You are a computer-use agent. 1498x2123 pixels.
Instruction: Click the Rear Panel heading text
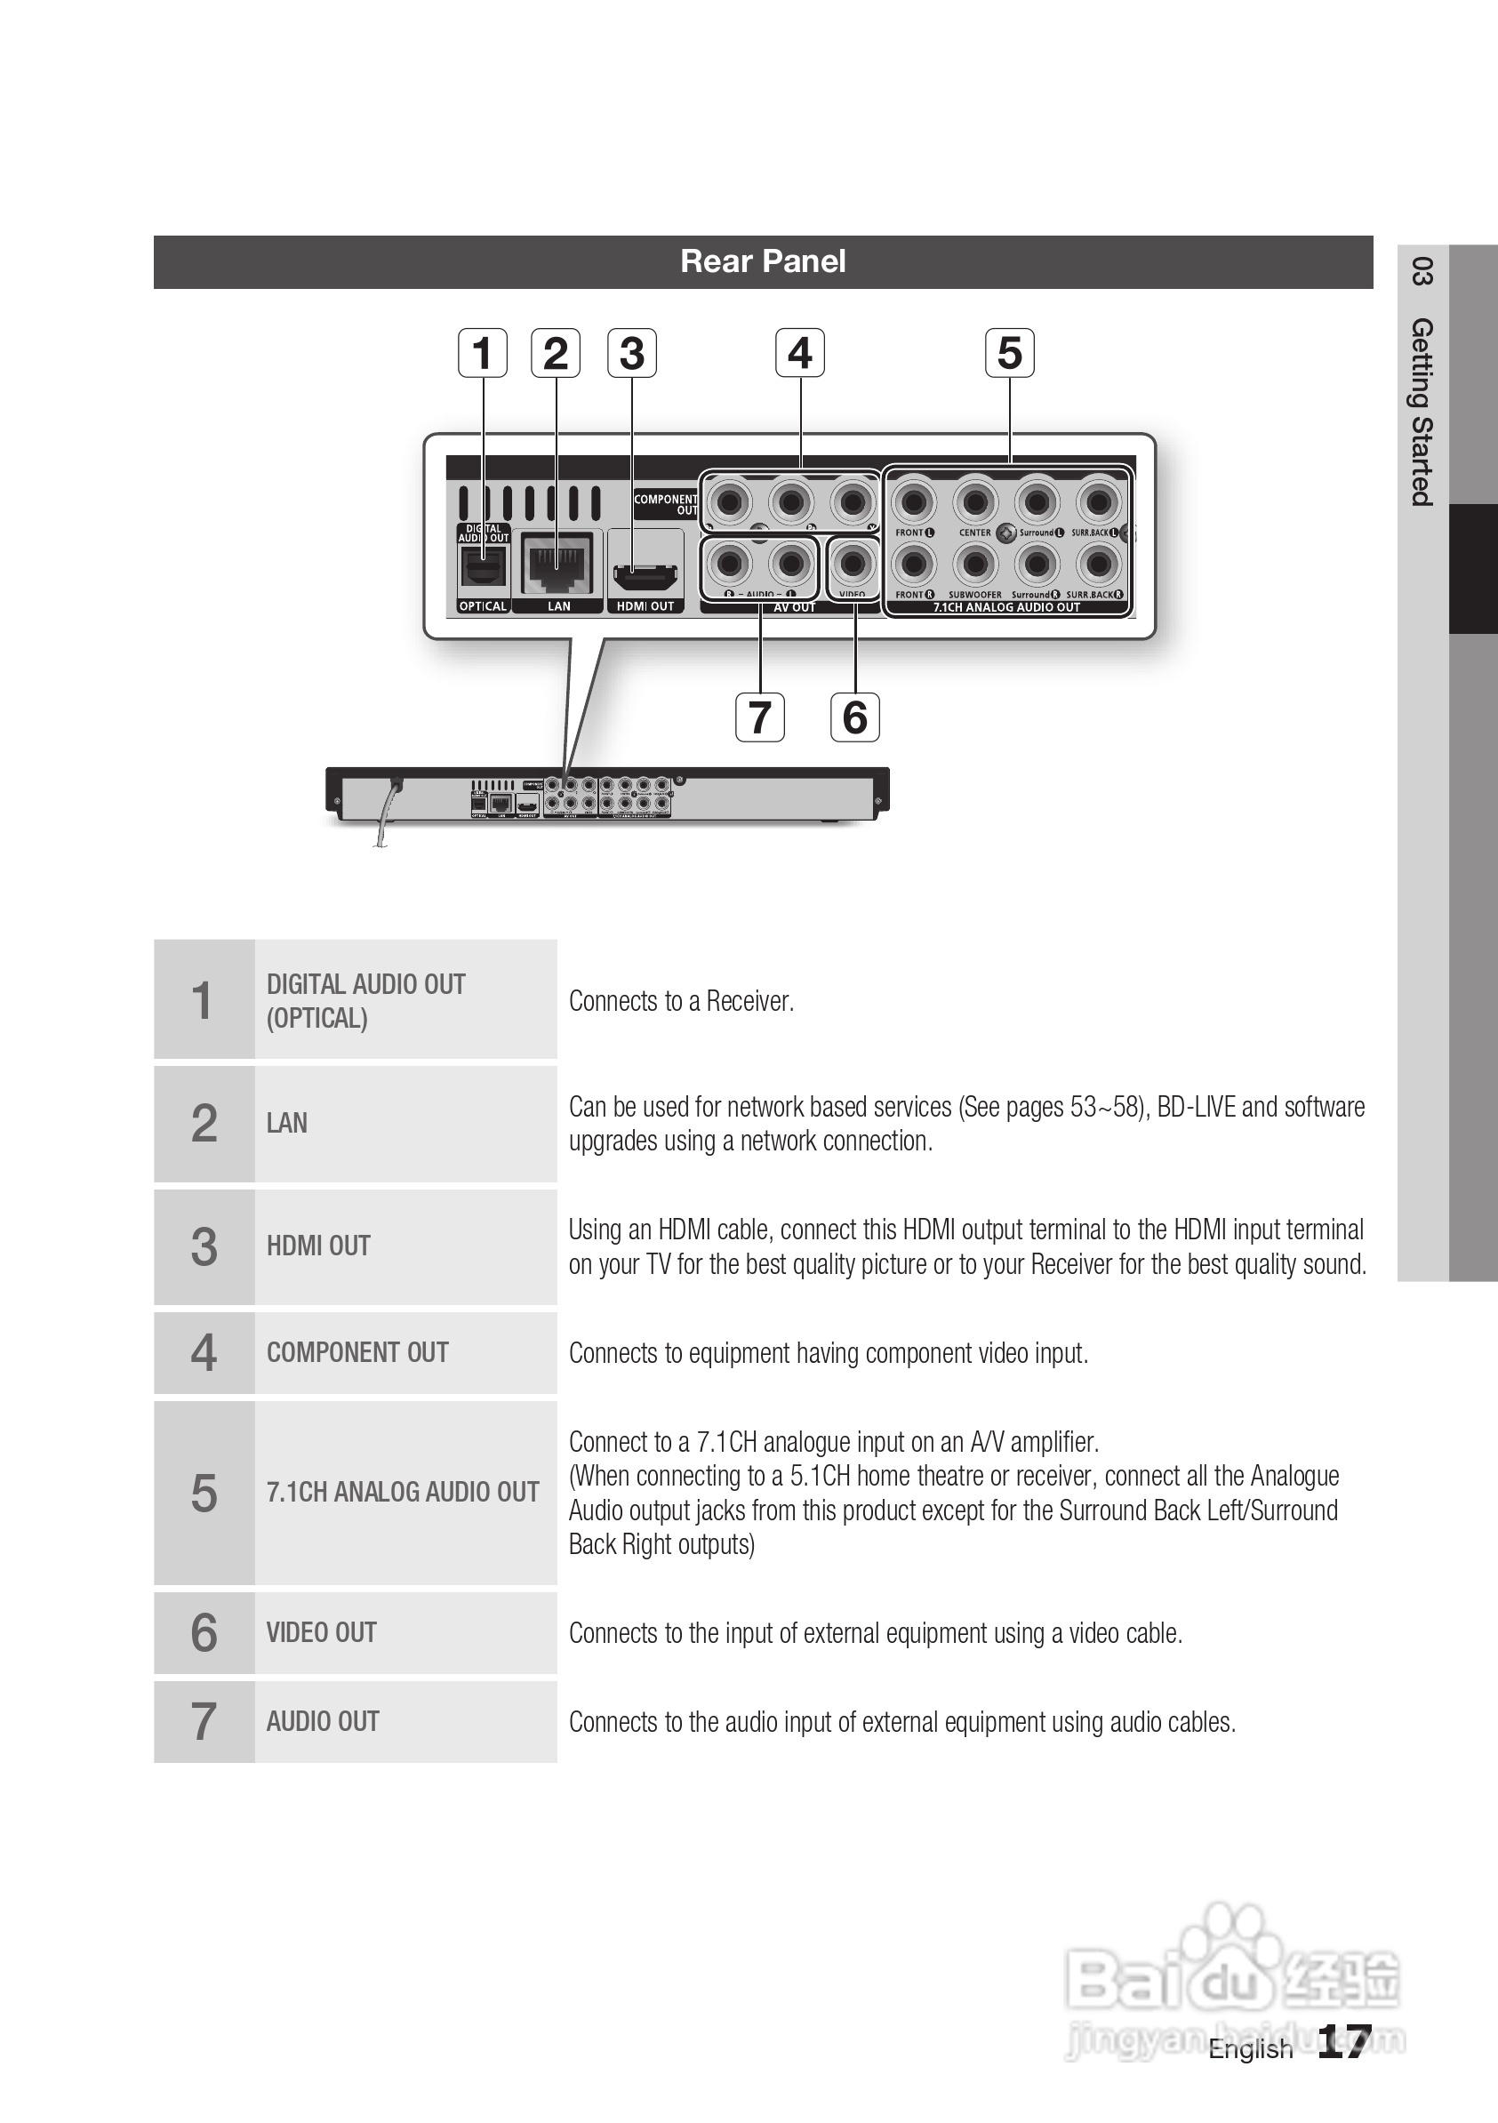click(763, 261)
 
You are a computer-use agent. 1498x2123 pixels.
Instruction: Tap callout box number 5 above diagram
click(1009, 353)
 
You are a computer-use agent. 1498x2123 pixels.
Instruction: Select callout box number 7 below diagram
click(759, 717)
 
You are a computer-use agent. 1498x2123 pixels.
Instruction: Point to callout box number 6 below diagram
click(854, 717)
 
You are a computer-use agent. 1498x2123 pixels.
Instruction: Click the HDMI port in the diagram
click(645, 580)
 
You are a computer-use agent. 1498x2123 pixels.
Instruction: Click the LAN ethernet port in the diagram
click(557, 563)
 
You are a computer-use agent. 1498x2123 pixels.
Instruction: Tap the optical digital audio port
click(483, 568)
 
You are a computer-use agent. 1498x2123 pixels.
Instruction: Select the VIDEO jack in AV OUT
click(853, 563)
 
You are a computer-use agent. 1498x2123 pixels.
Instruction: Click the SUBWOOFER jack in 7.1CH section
click(974, 563)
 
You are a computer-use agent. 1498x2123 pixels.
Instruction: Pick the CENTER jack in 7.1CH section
click(974, 502)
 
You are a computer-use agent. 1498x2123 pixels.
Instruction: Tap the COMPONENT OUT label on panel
click(666, 504)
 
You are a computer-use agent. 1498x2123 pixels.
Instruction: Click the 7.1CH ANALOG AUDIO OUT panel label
click(1006, 607)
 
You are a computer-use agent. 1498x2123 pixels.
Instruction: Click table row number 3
click(204, 1246)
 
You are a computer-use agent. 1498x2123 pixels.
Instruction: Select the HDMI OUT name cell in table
click(318, 1246)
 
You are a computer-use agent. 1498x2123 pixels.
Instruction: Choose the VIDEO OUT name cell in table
click(321, 1633)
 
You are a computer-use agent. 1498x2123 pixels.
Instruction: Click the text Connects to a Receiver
click(682, 1001)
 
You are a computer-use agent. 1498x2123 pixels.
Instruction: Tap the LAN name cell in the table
click(286, 1124)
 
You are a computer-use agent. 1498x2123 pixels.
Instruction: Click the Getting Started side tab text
click(1422, 412)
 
